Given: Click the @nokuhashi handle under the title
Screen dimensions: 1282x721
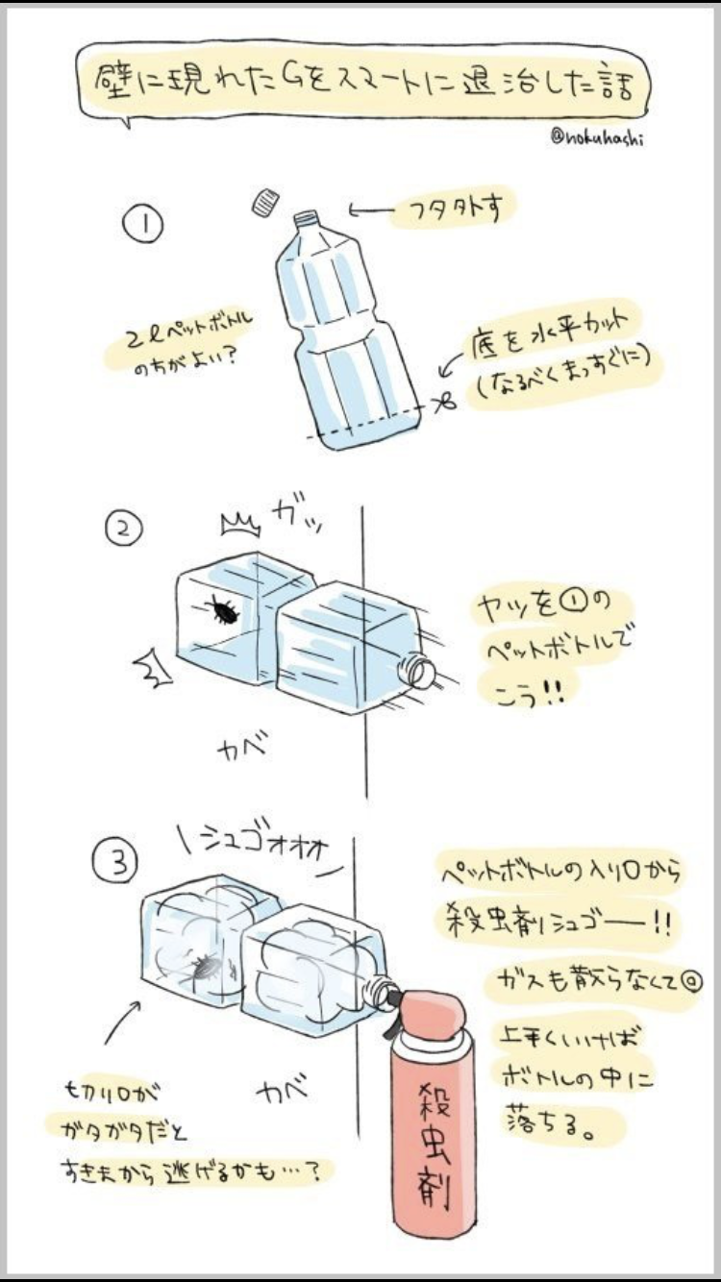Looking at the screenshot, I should pos(597,136).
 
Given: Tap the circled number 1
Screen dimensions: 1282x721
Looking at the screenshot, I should pos(141,227).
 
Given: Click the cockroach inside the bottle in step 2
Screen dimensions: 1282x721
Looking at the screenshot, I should pos(224,611).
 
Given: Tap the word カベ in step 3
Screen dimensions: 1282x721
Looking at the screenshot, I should pos(283,1091).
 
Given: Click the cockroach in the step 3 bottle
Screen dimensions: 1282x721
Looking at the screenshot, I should pos(205,968).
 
